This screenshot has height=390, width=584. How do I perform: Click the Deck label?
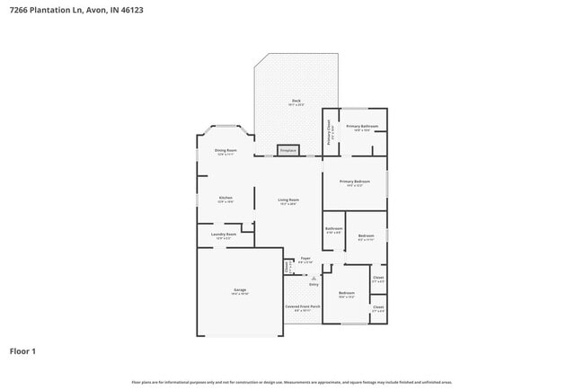(296, 101)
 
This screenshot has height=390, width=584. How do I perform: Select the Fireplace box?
(288, 151)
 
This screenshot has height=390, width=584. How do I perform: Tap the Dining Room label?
(226, 150)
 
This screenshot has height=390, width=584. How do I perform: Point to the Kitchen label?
(226, 198)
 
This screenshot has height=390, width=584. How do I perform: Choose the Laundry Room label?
(224, 235)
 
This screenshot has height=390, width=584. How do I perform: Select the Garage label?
(240, 290)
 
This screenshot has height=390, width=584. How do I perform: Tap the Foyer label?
(305, 258)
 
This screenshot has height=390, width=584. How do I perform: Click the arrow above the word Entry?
(314, 277)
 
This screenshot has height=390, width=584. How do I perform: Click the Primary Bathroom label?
(363, 127)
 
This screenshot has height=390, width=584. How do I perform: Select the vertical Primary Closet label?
(329, 132)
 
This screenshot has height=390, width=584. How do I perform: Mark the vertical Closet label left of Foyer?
(288, 266)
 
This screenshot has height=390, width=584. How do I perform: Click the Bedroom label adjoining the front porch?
(347, 294)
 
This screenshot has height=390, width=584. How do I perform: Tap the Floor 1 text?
(22, 350)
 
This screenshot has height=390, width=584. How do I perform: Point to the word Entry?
(314, 284)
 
